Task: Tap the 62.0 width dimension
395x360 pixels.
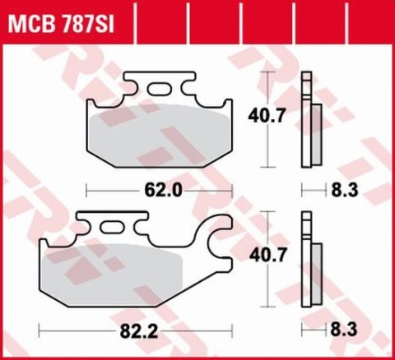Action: click(165, 189)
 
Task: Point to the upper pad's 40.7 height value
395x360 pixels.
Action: click(267, 117)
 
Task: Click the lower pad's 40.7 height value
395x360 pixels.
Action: click(267, 256)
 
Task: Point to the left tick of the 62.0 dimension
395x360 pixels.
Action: click(87, 189)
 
